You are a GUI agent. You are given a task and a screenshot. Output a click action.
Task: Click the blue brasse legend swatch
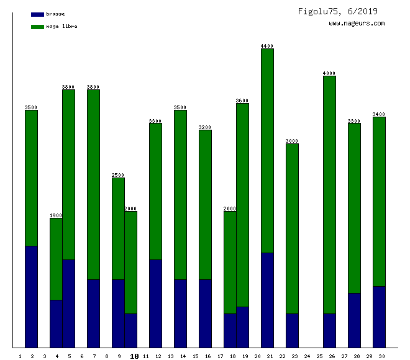click(37, 14)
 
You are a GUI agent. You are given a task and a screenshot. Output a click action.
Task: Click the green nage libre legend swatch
click(37, 27)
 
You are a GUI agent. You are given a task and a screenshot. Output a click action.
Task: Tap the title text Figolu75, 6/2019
click(337, 11)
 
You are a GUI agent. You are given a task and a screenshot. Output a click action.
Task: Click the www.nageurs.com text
click(357, 24)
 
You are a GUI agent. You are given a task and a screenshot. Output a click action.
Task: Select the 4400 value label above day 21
click(267, 46)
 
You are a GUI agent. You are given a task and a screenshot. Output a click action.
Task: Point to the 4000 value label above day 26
click(329, 73)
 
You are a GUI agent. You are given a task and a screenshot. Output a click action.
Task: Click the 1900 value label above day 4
click(56, 215)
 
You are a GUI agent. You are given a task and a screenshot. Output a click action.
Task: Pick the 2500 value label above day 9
click(118, 175)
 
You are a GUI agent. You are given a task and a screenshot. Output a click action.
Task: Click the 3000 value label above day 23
click(292, 141)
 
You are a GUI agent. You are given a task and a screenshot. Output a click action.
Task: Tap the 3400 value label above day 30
click(379, 114)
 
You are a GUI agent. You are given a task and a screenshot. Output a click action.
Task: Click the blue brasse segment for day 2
click(31, 297)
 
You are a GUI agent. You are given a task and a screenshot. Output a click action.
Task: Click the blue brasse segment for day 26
click(329, 330)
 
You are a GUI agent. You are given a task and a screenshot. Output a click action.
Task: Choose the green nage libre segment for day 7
click(93, 184)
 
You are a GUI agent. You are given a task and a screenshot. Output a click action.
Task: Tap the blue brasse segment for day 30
click(379, 317)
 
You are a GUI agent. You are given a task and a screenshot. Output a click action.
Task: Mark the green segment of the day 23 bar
click(292, 228)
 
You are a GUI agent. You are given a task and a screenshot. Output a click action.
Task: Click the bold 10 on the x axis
click(134, 356)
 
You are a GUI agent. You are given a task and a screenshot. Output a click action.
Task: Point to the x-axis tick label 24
click(307, 356)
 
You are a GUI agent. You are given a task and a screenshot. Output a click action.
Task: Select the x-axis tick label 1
click(20, 356)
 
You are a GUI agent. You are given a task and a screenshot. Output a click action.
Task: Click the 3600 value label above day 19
click(242, 101)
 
